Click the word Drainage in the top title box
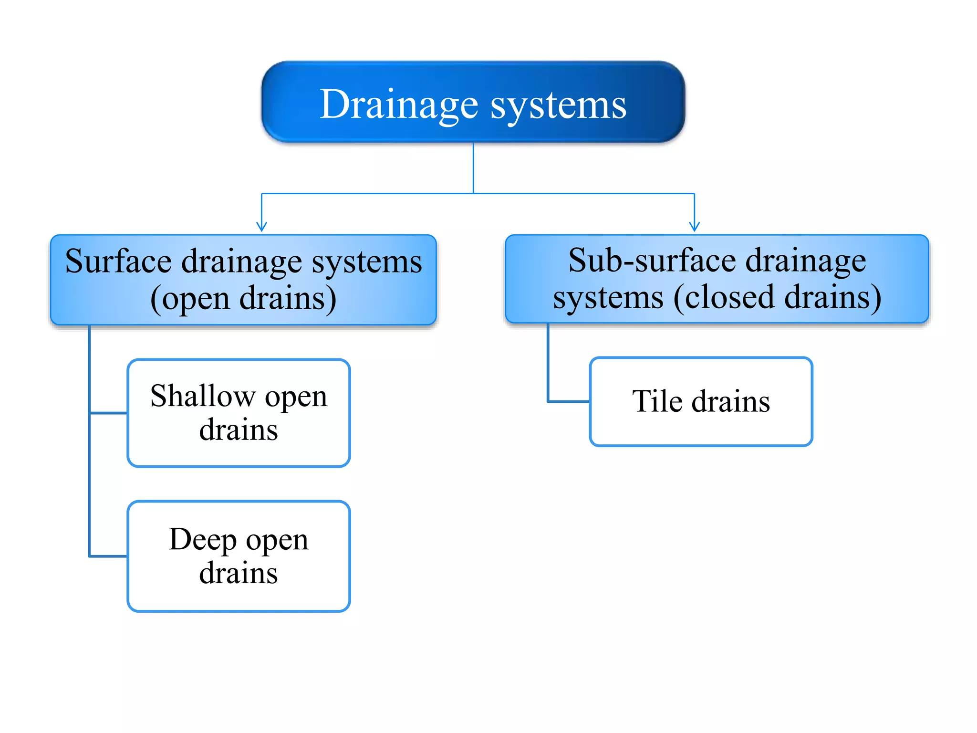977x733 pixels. point(399,105)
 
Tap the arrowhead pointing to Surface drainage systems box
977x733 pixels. point(261,226)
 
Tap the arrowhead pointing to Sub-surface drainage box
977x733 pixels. point(695,226)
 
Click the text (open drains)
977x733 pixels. point(243,299)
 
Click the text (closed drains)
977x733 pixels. point(778,298)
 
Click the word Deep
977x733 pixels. point(203,539)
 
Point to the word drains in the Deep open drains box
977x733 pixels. point(239,573)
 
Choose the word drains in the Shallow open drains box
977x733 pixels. point(239,430)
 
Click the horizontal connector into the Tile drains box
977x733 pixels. point(569,401)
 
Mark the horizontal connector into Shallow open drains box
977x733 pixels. point(109,413)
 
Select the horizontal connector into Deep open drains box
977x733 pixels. point(109,556)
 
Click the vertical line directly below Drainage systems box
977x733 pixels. point(473,167)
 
